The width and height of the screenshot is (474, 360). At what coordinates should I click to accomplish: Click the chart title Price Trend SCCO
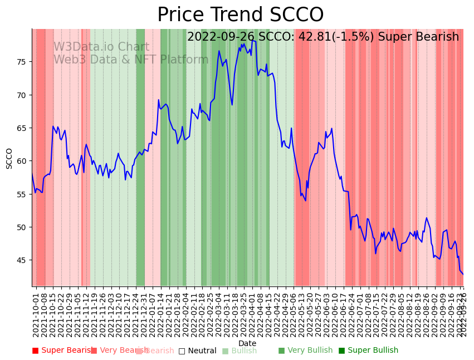[240, 15]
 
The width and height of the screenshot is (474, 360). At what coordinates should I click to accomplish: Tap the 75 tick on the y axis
[22, 62]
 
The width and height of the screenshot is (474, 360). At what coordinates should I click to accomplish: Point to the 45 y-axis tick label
[22, 260]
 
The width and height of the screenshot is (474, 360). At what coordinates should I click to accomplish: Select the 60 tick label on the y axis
[22, 161]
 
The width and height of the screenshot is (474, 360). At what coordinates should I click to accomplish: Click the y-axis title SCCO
[9, 158]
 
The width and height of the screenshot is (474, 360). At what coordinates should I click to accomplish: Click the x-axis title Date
[247, 344]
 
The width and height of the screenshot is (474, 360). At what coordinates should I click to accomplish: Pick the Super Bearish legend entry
[62, 351]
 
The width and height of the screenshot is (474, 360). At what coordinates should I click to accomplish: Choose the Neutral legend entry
[197, 351]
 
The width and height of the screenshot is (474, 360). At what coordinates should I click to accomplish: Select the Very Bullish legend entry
[305, 351]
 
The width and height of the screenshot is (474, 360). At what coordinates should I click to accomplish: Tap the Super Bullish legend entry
[368, 351]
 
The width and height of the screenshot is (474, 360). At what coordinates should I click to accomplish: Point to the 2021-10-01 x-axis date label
[36, 312]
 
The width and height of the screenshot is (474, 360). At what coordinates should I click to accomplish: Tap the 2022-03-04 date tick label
[218, 312]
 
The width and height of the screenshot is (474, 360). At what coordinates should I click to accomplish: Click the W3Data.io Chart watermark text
[101, 47]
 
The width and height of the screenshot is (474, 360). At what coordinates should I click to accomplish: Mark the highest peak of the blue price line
[252, 40]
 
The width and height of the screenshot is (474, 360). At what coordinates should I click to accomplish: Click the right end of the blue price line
[463, 274]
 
